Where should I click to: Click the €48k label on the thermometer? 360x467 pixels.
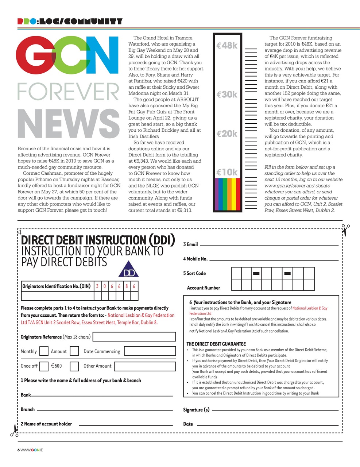(227, 46)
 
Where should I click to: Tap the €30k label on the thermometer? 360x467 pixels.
(227, 94)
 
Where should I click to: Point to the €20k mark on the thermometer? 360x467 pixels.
(227, 134)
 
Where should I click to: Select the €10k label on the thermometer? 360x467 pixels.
(227, 172)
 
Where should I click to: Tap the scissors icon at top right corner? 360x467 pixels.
(345, 230)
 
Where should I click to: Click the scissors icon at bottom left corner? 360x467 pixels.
(14, 430)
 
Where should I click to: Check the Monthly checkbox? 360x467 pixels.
(44, 351)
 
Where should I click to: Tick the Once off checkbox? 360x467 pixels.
(44, 366)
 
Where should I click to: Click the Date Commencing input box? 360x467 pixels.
(150, 351)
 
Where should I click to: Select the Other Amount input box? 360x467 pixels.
(145, 366)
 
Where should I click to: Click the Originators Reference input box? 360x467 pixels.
(134, 337)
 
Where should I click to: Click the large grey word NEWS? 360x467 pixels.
(69, 124)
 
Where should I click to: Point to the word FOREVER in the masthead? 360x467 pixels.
(69, 92)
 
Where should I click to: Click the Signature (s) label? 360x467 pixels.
(196, 410)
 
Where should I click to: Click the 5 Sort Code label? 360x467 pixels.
(194, 273)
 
